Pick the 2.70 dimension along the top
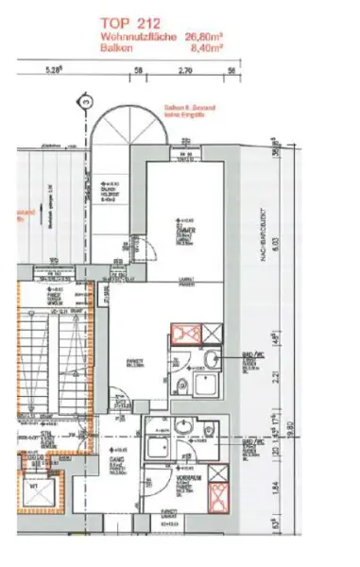(186, 70)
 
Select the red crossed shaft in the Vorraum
(217, 493)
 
